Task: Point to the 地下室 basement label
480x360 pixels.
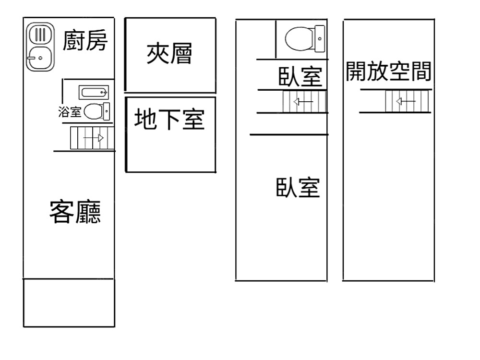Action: (x=169, y=120)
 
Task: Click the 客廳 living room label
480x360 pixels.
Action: (x=75, y=212)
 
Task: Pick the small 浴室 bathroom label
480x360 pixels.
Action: (x=70, y=112)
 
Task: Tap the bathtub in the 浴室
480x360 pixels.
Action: (x=94, y=92)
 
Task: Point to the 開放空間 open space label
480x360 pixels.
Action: (x=388, y=72)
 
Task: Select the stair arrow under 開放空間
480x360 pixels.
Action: (x=406, y=101)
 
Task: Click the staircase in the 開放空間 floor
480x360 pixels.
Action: (x=406, y=101)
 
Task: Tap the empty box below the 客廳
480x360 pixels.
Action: (x=69, y=302)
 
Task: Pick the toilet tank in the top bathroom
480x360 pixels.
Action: (x=320, y=38)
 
